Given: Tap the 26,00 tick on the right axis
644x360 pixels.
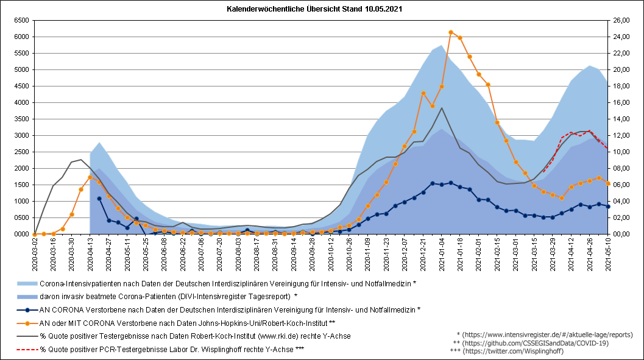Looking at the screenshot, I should click(621, 20).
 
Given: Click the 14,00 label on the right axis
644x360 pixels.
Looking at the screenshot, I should click(621, 119).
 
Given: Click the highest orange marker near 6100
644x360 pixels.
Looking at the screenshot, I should click(451, 32).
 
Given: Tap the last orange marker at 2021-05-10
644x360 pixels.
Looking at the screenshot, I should click(608, 183).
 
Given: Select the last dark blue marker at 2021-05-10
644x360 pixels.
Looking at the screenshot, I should click(608, 206).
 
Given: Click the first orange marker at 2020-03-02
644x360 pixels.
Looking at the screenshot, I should click(35, 234).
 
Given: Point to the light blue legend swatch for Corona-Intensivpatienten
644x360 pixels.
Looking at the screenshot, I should click(27, 283).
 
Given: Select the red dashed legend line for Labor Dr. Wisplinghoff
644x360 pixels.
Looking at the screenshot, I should click(27, 350).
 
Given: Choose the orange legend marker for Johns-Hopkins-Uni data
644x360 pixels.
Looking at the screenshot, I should click(27, 323).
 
